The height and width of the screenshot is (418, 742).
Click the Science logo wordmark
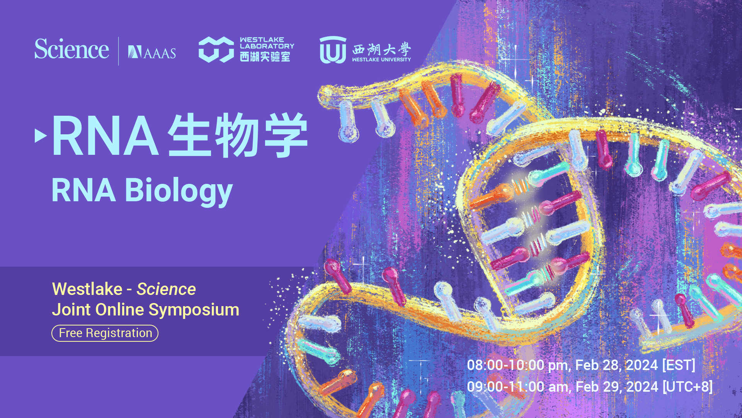pos(71,50)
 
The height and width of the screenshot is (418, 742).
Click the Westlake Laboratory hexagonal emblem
pos(216,50)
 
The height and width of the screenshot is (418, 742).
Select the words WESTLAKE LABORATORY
pos(267,43)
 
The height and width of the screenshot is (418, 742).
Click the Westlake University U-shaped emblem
pos(332,50)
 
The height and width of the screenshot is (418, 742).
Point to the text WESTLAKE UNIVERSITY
pos(381,60)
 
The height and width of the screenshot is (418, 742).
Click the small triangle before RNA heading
pos(40,135)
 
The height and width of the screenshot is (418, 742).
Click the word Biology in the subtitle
pos(179,190)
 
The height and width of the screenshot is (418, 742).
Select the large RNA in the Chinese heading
pos(105,136)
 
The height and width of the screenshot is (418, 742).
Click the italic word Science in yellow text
pos(166,289)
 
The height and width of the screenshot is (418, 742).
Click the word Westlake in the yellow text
pos(87,289)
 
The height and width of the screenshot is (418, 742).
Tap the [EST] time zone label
pos(679,365)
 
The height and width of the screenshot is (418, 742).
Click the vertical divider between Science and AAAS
pos(118,51)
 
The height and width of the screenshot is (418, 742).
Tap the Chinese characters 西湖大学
pos(381,49)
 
